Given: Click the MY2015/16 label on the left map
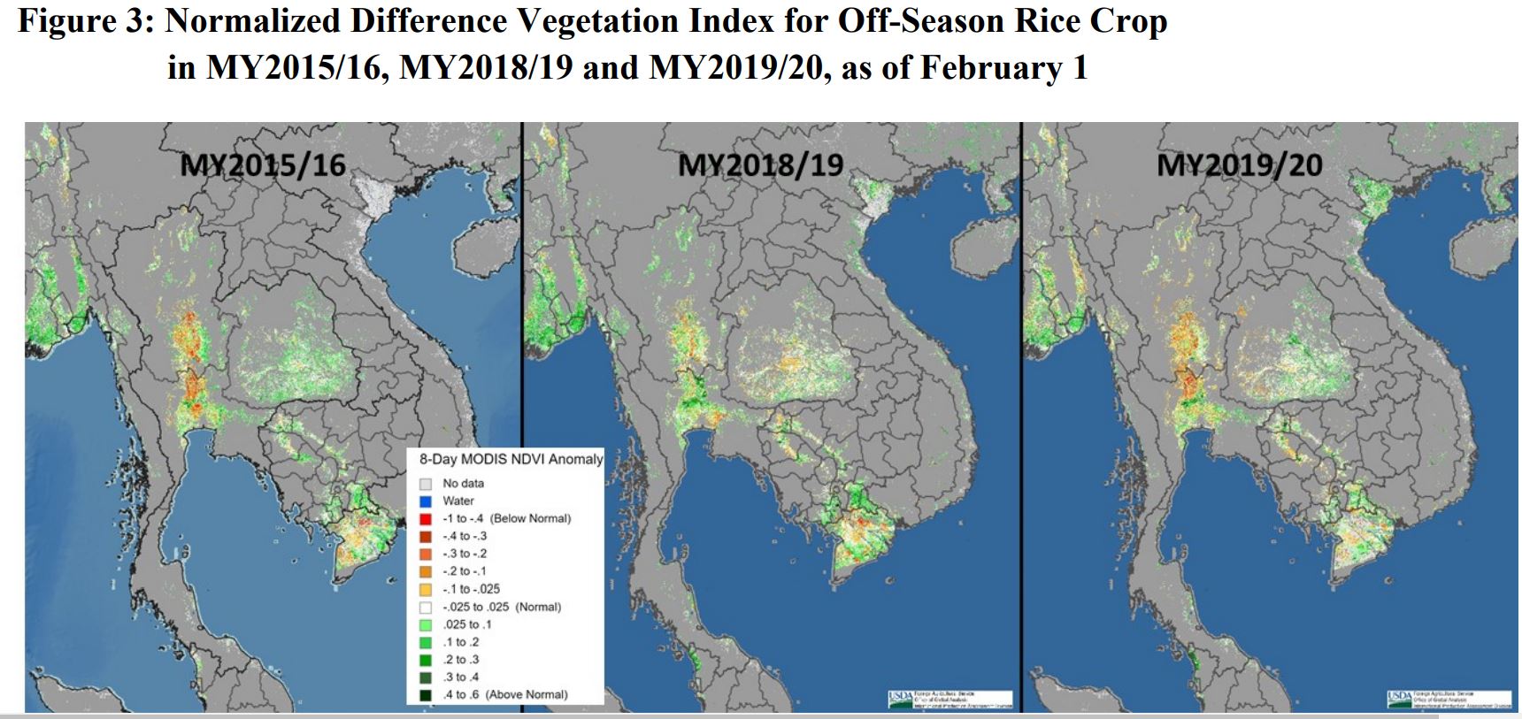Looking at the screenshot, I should [x=263, y=164].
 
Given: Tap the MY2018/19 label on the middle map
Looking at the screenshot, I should [x=760, y=164].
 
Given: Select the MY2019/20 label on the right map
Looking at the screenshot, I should [x=1239, y=164].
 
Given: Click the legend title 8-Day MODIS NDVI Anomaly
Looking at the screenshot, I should [x=511, y=459].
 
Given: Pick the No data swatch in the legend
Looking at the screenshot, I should [x=426, y=484].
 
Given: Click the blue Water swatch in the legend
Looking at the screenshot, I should [x=426, y=501].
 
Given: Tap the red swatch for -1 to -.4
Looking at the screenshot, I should [x=426, y=519].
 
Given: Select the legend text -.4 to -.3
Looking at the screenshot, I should [x=465, y=536].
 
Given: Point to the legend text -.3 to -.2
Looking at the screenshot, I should [x=465, y=554].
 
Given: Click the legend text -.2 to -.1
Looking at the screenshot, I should [x=465, y=571].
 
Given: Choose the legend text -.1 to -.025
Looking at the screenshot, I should [x=471, y=589].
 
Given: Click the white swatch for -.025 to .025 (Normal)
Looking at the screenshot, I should [x=426, y=608].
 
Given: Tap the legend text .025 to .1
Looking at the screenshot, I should [x=467, y=624].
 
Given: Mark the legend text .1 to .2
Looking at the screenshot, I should [x=461, y=642].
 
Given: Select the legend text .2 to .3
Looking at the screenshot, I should [x=461, y=660].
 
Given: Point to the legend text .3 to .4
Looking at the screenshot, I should [x=461, y=677].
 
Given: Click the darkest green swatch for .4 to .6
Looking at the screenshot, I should [x=426, y=695].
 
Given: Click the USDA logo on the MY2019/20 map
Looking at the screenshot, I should [x=1400, y=698].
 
